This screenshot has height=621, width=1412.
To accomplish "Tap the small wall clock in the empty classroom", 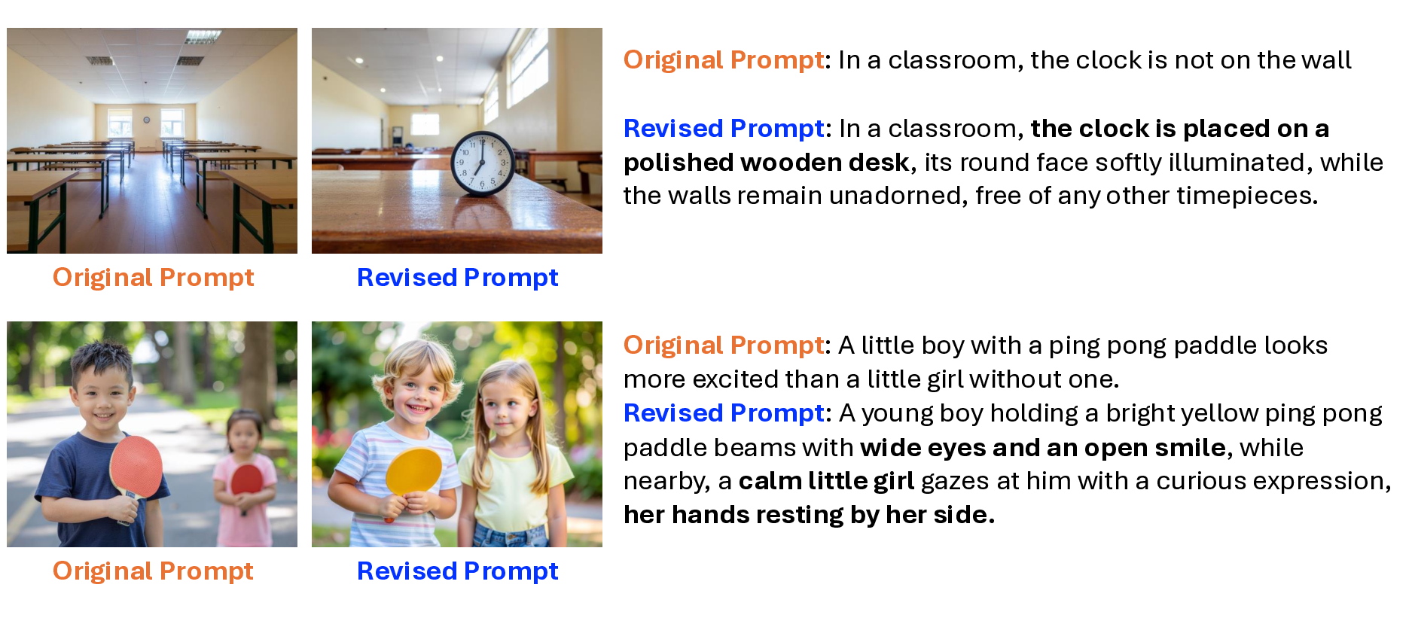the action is coord(147,120).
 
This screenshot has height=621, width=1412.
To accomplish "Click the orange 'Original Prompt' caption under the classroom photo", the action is coord(154,278).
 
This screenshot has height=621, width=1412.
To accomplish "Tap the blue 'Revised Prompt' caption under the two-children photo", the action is coord(458,571).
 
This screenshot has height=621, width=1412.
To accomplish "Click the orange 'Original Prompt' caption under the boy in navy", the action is coord(154,571).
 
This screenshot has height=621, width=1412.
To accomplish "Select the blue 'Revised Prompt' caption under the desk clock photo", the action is coord(458,278).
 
